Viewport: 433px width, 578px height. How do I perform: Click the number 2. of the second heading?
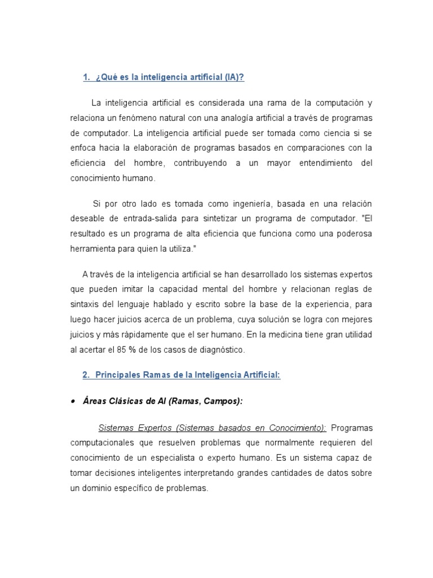click(x=86, y=375)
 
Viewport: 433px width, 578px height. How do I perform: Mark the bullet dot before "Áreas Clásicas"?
click(x=73, y=401)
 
